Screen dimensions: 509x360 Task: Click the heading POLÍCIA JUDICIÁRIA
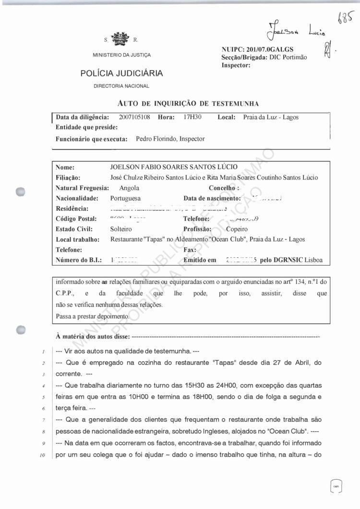coord(121,73)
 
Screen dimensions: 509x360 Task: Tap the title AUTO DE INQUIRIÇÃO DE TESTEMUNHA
coord(188,103)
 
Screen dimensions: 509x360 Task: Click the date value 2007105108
coord(134,117)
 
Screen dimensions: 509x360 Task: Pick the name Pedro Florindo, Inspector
coord(170,139)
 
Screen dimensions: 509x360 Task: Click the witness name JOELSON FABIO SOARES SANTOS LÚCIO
coord(174,167)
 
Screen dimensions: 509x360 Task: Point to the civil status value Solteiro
coord(121,229)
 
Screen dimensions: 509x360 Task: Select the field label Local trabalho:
coord(77,239)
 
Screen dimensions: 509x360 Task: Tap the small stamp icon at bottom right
coord(336,486)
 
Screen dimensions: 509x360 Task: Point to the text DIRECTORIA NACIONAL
coord(121,86)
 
